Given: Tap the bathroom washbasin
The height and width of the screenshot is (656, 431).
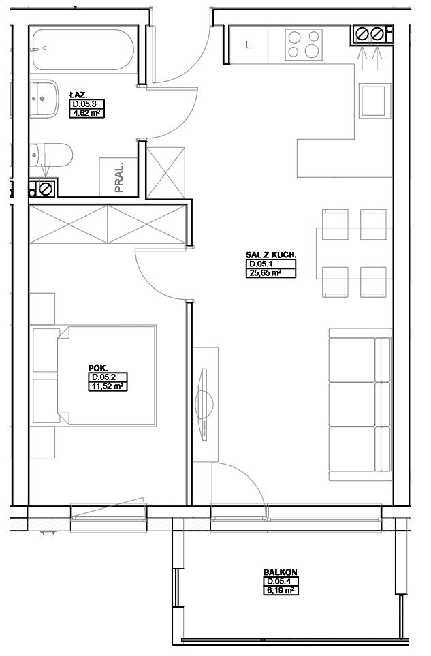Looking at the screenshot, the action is (x=43, y=99).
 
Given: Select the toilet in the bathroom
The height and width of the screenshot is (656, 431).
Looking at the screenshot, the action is (x=51, y=155).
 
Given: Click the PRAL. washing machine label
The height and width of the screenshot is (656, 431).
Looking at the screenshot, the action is (x=119, y=177).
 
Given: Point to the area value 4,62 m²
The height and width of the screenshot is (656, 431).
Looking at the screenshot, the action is (x=86, y=112).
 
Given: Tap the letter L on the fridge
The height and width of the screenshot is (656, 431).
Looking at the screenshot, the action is (x=248, y=45).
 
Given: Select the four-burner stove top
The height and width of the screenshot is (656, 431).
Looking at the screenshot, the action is (x=304, y=43).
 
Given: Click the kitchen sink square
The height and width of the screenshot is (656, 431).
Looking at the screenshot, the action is (x=375, y=100).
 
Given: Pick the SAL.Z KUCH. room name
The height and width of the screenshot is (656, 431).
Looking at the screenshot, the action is (x=271, y=255).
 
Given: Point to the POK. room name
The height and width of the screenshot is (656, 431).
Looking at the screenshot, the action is (x=98, y=368).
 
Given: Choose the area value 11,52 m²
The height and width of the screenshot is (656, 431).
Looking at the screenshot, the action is (x=108, y=386).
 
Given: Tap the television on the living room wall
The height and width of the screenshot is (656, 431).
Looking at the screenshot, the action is (x=204, y=404).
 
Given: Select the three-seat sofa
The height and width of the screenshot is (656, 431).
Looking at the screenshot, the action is (x=360, y=404).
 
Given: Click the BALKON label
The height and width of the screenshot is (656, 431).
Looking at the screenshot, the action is (x=280, y=572).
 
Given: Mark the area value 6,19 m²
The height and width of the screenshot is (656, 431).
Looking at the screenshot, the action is (x=281, y=591).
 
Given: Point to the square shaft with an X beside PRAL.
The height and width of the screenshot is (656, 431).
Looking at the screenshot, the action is (x=165, y=172).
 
